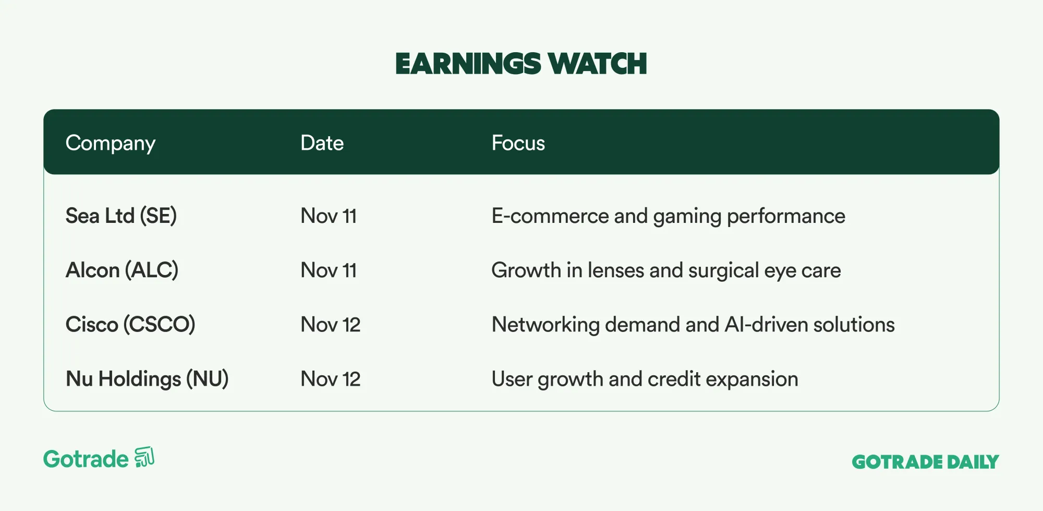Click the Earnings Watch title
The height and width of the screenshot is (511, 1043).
point(521,64)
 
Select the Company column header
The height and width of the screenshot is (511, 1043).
point(111,144)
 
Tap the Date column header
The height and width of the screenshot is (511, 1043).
point(322,143)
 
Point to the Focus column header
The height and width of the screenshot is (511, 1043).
point(518,143)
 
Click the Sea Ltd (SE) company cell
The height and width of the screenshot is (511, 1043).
point(122,216)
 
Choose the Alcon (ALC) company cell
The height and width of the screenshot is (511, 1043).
point(122,270)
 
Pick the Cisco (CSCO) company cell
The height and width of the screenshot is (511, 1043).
point(130,325)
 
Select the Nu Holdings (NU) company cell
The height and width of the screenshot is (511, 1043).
point(147,379)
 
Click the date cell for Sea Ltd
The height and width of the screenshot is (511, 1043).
point(329,216)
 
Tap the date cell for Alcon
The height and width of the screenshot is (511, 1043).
point(329,270)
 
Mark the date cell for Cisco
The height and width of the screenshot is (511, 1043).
point(331,325)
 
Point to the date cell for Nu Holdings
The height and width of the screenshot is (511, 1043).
point(331,379)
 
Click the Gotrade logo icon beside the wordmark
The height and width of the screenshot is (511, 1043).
point(144,457)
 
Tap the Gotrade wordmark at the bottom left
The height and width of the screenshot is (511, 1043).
point(86,459)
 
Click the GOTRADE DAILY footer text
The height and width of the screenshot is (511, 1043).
point(926,462)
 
